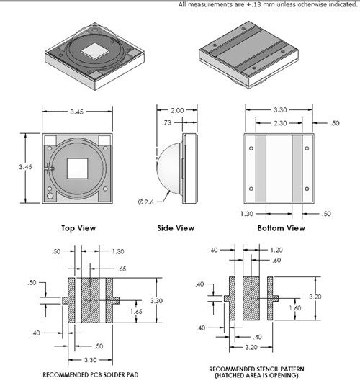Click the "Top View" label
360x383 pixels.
[78, 228]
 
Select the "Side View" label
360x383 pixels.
[176, 228]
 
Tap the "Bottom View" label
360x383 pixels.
[281, 228]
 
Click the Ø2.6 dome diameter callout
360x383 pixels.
[146, 202]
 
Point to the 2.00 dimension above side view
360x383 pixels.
[177, 110]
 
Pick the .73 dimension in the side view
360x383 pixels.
[166, 122]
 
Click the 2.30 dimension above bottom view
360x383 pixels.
[280, 123]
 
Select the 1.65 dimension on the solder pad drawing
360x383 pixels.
[136, 312]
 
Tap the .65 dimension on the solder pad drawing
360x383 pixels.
[122, 269]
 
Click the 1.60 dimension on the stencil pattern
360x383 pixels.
[295, 308]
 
